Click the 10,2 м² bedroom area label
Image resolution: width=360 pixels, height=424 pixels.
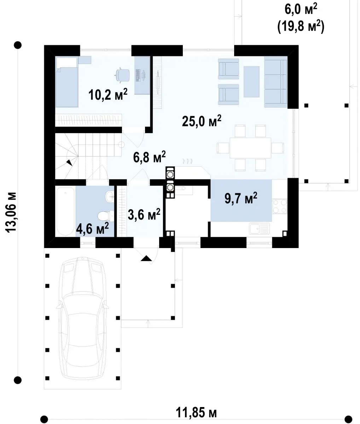pyautogui.click(x=108, y=95)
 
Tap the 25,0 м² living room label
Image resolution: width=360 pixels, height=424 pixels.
pyautogui.click(x=202, y=121)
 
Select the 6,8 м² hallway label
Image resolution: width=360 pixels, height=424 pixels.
pyautogui.click(x=149, y=157)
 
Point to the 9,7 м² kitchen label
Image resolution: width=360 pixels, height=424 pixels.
pyautogui.click(x=241, y=198)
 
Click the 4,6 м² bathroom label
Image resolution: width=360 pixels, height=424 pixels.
pyautogui.click(x=92, y=228)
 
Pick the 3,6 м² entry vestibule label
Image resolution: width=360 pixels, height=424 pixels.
pyautogui.click(x=144, y=214)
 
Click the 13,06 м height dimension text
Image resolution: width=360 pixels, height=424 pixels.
pyautogui.click(x=11, y=212)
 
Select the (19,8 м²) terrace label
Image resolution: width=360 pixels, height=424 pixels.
pyautogui.click(x=301, y=26)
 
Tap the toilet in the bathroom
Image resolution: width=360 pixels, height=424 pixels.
pyautogui.click(x=105, y=216)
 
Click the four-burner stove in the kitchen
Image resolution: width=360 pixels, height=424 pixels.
pyautogui.click(x=279, y=206)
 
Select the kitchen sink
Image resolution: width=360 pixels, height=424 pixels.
pyautogui.click(x=259, y=229)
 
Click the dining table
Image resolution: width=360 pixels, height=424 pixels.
pyautogui.click(x=250, y=148)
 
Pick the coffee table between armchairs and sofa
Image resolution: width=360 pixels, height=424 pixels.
pyautogui.click(x=251, y=81)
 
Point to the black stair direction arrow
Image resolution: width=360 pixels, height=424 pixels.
pyautogui.click(x=69, y=163)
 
